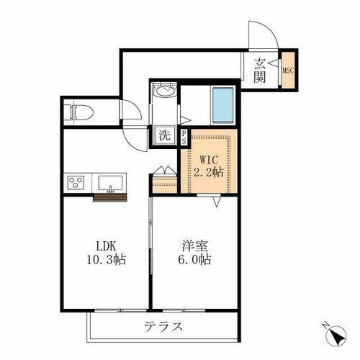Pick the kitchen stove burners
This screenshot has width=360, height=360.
76,182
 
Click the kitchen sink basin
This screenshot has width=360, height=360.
111,182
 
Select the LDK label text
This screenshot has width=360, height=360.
107,244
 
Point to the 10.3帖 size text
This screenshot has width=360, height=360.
107,259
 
